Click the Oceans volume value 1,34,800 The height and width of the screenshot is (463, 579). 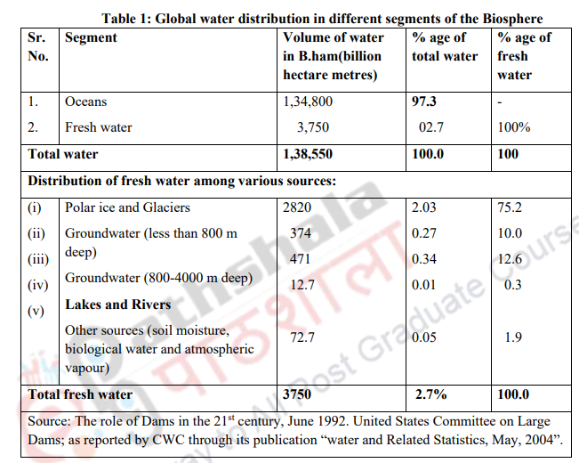point(307,102)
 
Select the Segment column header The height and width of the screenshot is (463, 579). point(91,38)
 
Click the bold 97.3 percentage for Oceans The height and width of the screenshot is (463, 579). point(424,102)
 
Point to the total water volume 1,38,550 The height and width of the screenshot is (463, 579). point(308,154)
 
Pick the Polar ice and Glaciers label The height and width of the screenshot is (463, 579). point(127,207)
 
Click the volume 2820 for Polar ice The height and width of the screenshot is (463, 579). point(300,207)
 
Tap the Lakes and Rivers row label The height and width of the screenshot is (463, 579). point(117,305)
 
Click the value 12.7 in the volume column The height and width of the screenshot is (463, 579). point(303,284)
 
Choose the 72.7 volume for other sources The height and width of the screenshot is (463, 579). point(303,337)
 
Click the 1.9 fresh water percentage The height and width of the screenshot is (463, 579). point(513,337)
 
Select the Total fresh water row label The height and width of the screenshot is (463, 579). point(81,394)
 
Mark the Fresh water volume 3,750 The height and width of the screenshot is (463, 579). point(311,127)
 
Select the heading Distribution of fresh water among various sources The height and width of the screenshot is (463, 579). point(182,181)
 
